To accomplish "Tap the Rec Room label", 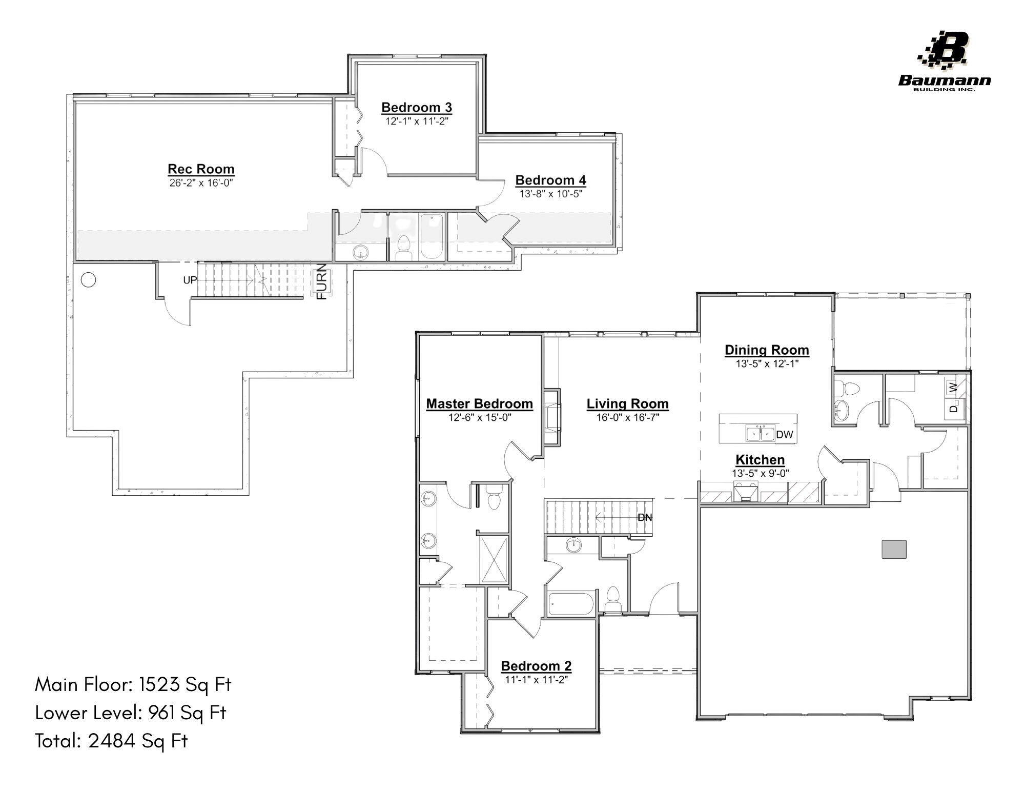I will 201,169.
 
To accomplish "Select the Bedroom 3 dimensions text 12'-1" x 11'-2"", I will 417,121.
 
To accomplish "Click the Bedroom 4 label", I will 550,180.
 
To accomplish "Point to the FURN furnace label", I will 322,281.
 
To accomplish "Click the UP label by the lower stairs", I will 190,280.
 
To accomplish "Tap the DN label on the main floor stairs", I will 644,517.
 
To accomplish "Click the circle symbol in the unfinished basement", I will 89,280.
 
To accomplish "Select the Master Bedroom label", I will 479,404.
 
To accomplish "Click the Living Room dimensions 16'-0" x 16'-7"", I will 627,417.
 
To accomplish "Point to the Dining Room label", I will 766,350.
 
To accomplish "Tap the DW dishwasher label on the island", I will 784,435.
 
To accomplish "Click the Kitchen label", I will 760,460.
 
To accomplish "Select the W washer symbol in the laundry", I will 953,387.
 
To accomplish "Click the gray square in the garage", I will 894,549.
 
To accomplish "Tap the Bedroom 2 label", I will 536,666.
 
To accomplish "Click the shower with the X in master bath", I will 494,560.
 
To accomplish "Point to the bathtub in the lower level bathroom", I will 430,236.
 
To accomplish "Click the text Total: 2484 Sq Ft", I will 111,740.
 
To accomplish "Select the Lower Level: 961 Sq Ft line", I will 130,712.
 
